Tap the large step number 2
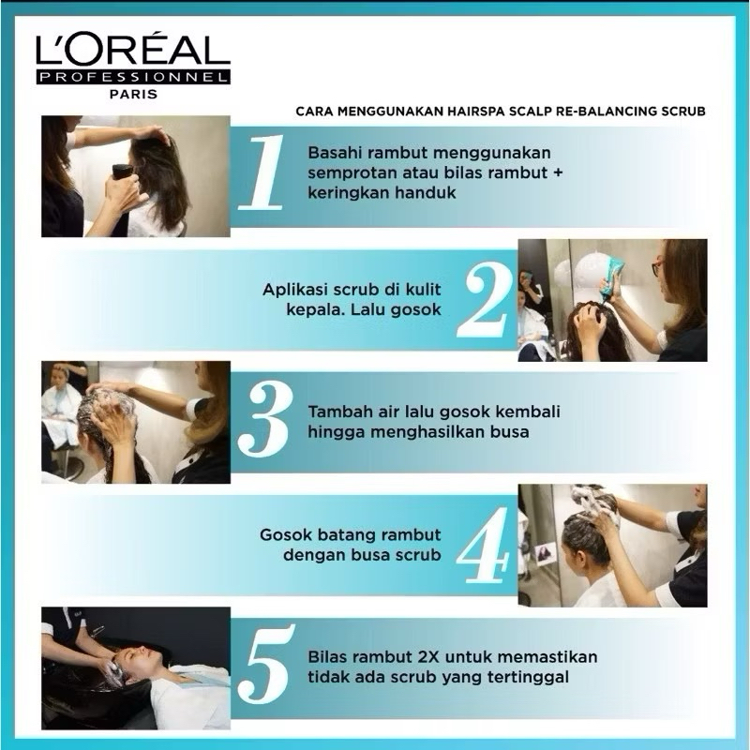483,300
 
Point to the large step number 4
483,546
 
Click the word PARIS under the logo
133,95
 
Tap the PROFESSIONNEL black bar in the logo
133,77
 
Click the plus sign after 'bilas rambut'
557,172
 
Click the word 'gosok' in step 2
415,310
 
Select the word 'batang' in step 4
341,534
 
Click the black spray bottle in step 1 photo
122,172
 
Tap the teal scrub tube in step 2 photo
608,274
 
